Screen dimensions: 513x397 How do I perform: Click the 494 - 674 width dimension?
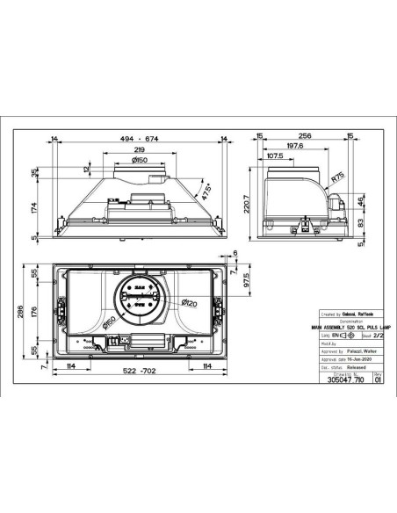(x=140, y=140)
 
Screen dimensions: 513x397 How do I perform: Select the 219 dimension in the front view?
(x=140, y=151)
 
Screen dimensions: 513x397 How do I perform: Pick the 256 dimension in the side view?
(x=305, y=136)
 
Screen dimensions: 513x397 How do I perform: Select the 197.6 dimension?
(x=293, y=147)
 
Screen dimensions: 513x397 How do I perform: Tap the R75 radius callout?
(x=337, y=176)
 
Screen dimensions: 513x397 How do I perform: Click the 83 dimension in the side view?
(x=360, y=223)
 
